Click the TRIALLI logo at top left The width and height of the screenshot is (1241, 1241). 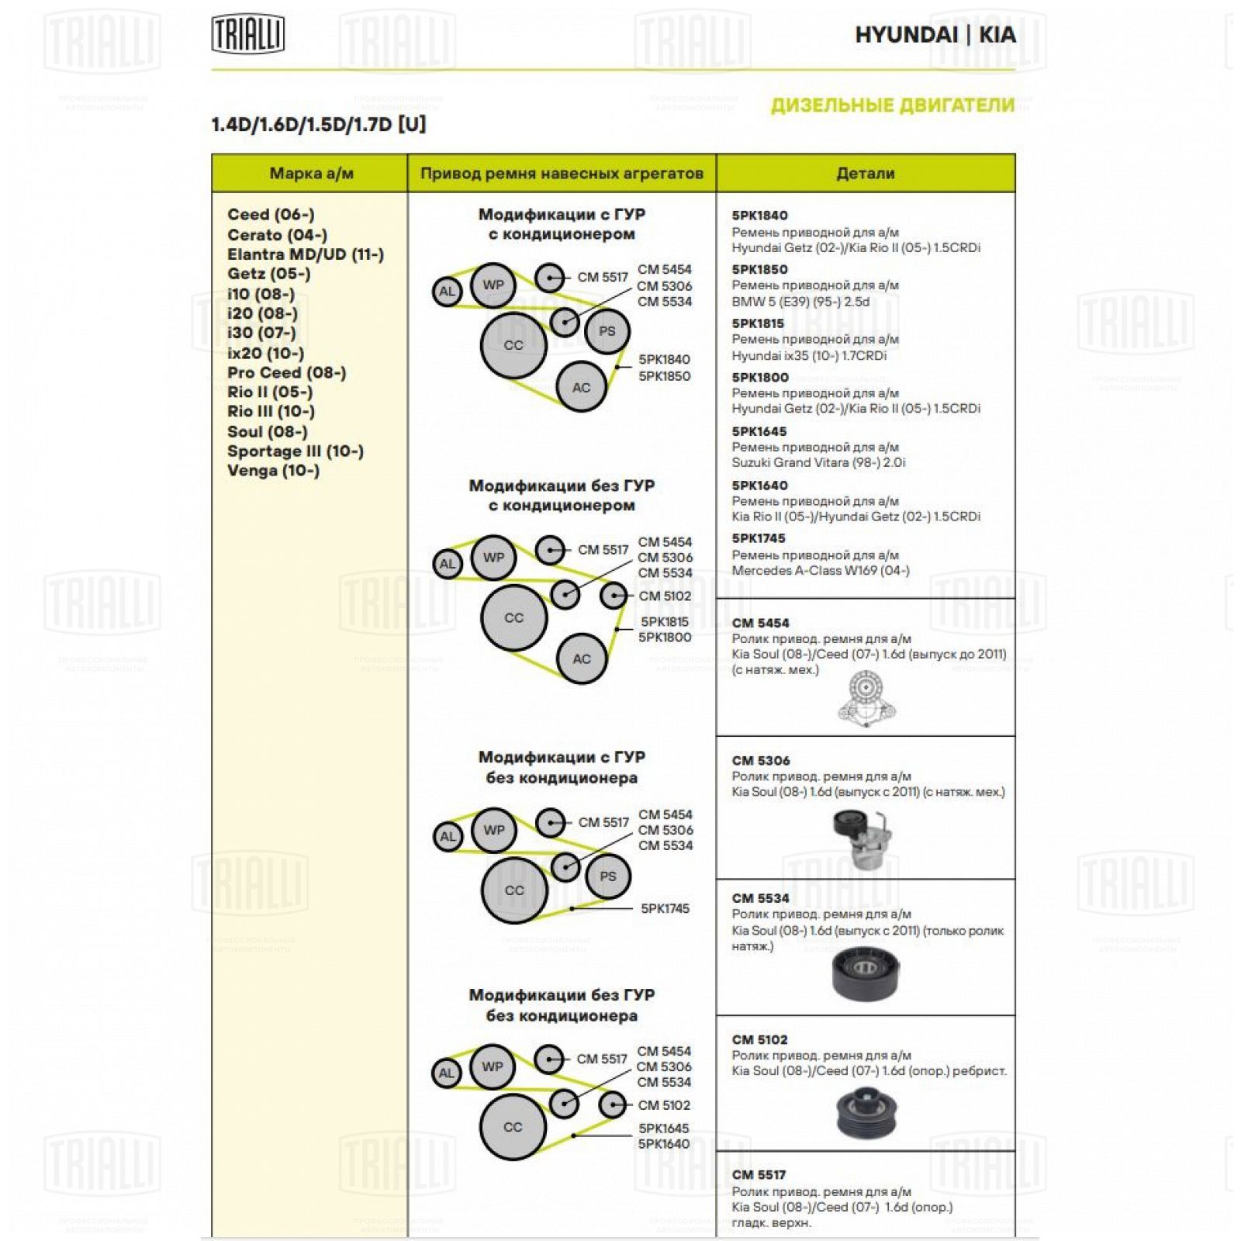pos(248,35)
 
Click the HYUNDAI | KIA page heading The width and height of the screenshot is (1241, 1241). pos(935,35)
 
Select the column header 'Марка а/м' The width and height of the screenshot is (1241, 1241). pos(311,174)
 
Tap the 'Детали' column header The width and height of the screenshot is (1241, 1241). pos(865,174)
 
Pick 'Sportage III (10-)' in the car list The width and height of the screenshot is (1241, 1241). pos(295,451)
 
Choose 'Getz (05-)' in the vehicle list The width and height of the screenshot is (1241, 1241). pos(268,274)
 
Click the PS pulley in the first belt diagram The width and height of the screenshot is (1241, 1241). pos(607,332)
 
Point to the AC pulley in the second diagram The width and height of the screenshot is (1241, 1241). pos(581,659)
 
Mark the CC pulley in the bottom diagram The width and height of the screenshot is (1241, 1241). pos(513,1128)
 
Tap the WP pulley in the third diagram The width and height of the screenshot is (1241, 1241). pos(493,830)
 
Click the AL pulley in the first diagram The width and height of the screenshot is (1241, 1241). pos(447,292)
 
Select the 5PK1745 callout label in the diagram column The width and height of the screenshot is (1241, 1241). pos(665,909)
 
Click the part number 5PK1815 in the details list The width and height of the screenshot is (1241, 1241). pos(758,323)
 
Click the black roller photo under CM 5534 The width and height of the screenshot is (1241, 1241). pos(865,973)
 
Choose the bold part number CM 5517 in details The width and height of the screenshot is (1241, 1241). pos(759,1175)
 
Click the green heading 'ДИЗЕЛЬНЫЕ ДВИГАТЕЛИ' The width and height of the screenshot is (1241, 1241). pos(892,105)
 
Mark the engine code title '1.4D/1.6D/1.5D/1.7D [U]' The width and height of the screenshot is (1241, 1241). pos(319,125)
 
